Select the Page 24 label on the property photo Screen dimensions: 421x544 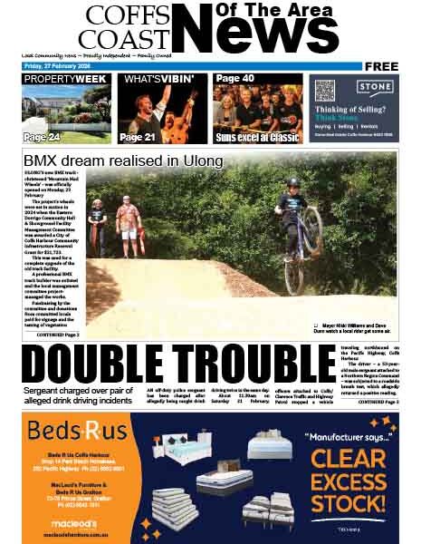pos(42,137)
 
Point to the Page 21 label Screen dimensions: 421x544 pos(138,137)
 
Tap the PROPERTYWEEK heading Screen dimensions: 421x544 pos(65,80)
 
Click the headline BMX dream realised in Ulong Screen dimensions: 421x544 pos(123,161)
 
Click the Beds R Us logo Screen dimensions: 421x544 pos(64,431)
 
